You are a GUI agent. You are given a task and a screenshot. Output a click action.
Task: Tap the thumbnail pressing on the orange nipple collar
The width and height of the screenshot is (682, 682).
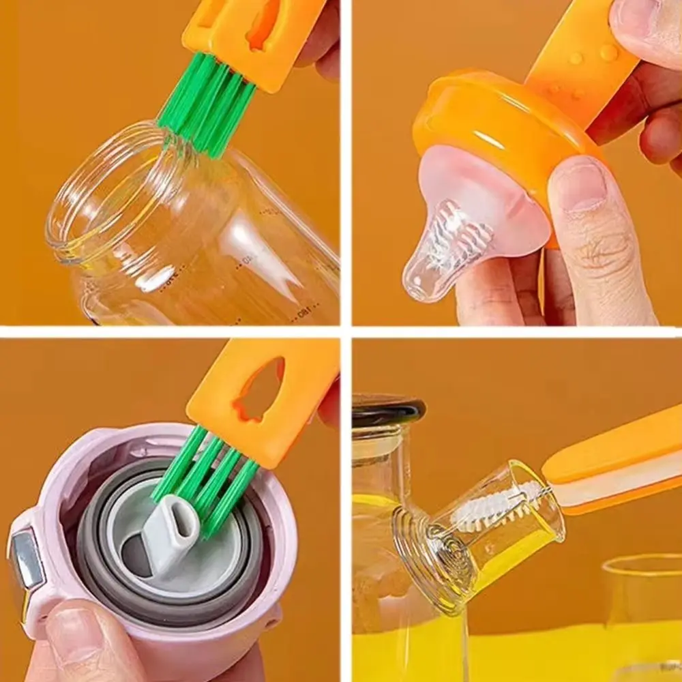[x=580, y=184]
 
